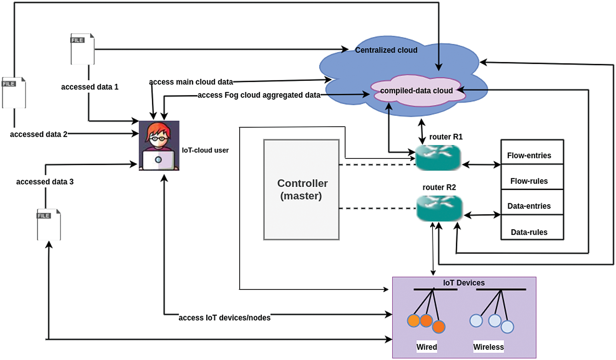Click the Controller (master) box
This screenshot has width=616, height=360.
301,189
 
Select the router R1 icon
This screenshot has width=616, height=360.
438,158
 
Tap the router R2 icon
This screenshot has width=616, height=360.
439,208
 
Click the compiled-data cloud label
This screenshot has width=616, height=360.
416,91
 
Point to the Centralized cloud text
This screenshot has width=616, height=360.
386,50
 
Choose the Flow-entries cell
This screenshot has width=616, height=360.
529,155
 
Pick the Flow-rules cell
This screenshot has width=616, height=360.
529,181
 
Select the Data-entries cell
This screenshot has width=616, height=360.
529,206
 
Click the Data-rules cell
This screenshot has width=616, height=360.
529,232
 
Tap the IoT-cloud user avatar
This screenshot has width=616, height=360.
159,146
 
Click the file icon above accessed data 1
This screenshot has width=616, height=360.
82,49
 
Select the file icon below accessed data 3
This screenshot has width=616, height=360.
49,225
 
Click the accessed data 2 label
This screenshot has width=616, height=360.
39,134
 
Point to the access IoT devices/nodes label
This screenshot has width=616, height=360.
225,318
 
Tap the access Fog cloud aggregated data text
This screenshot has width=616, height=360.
259,95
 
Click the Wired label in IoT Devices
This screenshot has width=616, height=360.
427,347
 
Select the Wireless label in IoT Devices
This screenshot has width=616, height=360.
488,347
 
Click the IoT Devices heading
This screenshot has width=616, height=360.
463,283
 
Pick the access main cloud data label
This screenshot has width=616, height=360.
191,82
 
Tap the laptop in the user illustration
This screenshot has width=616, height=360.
158,160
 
